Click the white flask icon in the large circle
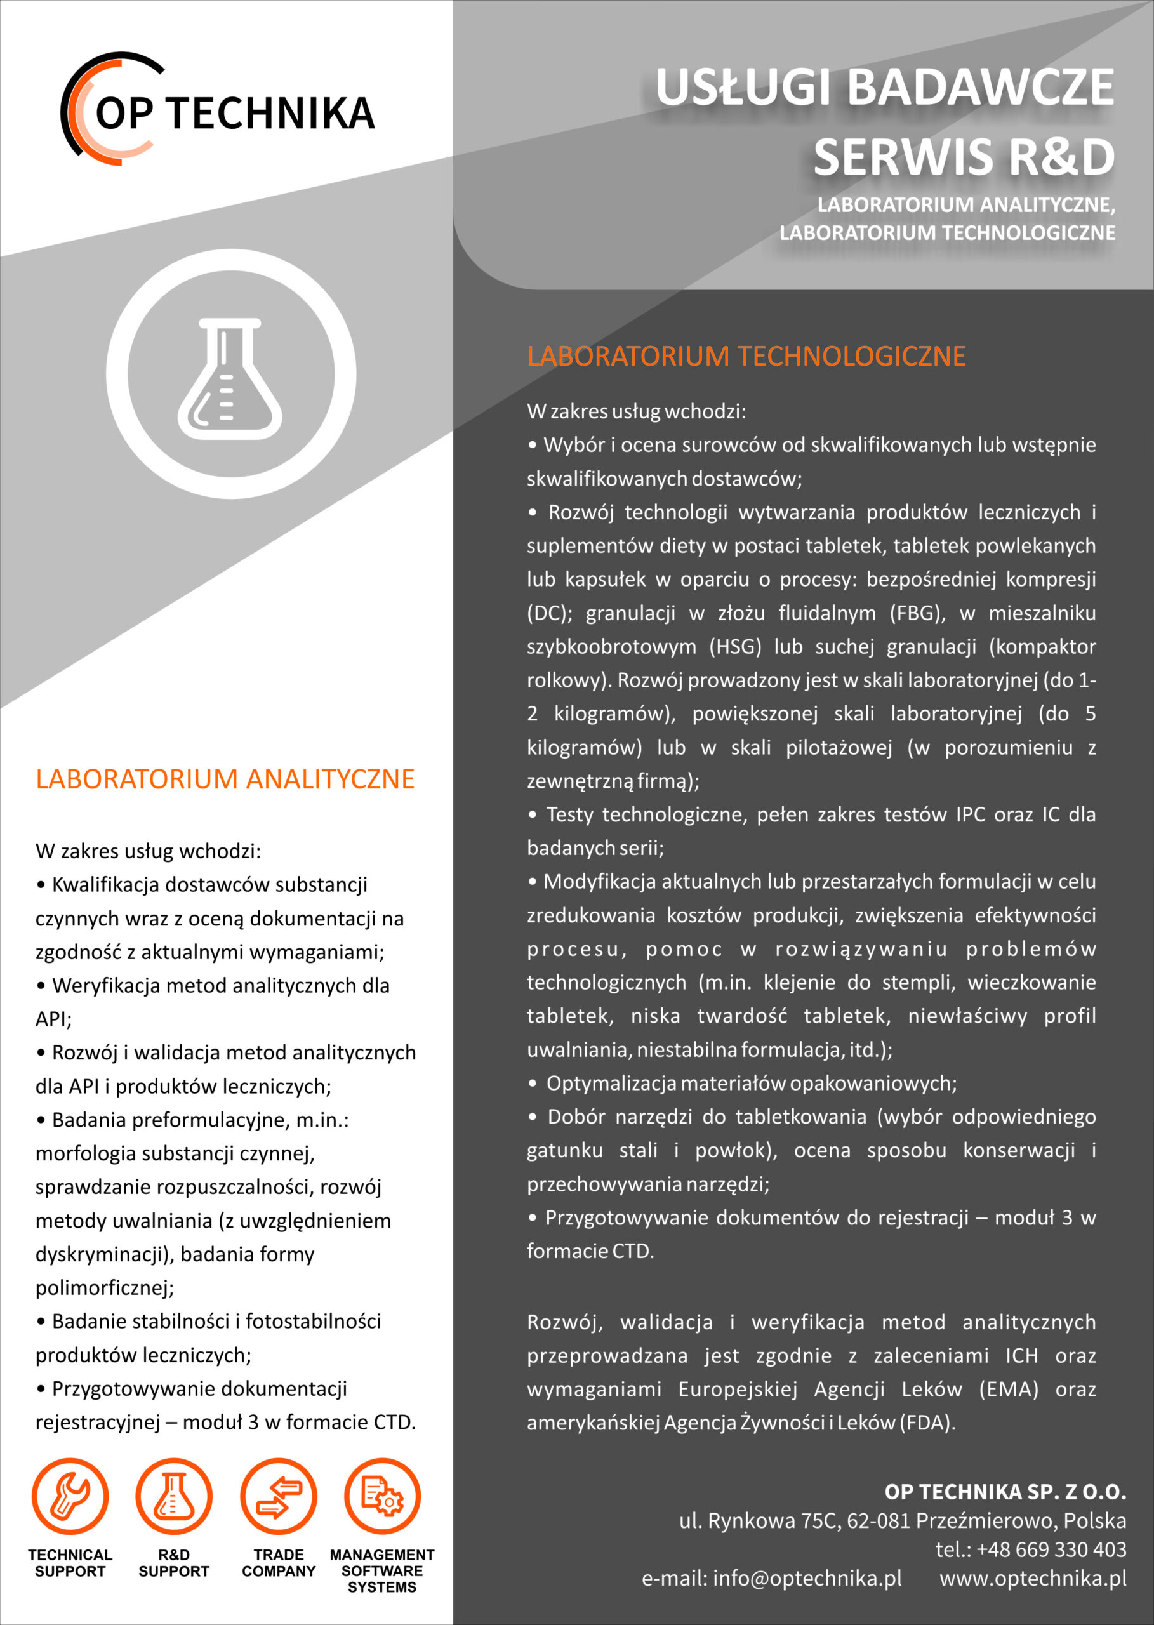(x=230, y=378)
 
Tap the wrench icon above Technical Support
(x=70, y=1496)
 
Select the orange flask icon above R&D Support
(x=173, y=1496)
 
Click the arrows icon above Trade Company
(x=279, y=1496)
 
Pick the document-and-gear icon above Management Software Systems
(x=382, y=1496)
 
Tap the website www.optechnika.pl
(x=1033, y=1578)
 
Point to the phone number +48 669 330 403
(x=1051, y=1549)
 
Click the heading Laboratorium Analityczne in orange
(x=225, y=779)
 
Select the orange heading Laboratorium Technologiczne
(x=746, y=356)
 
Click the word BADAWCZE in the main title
(x=981, y=88)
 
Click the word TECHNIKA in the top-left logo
(x=273, y=114)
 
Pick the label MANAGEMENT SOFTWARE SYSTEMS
(x=382, y=1570)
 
